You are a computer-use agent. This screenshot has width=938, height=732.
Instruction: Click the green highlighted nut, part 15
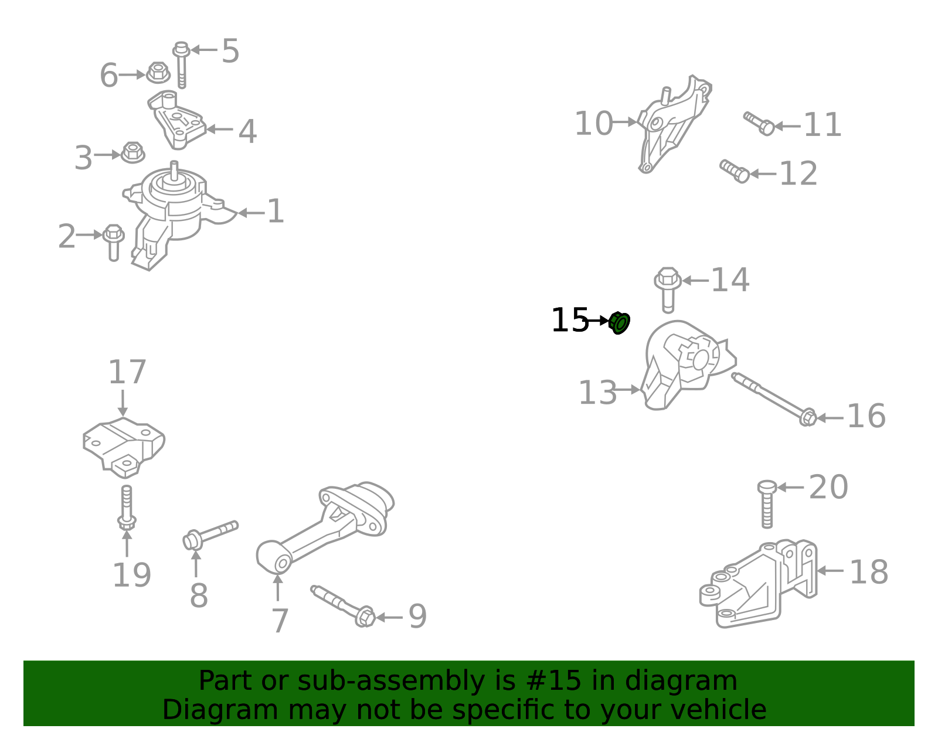(619, 323)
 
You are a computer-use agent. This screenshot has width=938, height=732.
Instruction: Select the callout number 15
(570, 320)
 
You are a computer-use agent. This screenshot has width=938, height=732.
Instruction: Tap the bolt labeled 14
(667, 290)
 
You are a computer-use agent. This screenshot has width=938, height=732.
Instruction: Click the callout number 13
(597, 392)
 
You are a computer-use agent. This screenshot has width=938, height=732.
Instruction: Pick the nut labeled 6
(158, 73)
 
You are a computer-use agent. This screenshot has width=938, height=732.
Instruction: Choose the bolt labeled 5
(181, 64)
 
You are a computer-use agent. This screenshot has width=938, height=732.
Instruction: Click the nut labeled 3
(132, 152)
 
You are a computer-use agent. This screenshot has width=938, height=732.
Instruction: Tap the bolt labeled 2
(114, 243)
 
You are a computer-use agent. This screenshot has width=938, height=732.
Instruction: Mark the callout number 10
(593, 123)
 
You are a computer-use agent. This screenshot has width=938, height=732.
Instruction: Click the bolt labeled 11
(759, 123)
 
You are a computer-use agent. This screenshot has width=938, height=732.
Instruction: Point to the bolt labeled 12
(734, 171)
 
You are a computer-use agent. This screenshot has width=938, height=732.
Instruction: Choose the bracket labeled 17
(124, 448)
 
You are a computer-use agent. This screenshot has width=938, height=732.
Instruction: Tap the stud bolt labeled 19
(127, 508)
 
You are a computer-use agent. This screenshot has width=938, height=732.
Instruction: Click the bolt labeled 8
(210, 535)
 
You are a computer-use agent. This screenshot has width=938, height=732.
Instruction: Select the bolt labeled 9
(343, 606)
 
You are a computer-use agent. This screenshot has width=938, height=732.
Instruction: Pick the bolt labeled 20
(767, 504)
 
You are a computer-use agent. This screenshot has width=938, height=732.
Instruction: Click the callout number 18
(868, 572)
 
